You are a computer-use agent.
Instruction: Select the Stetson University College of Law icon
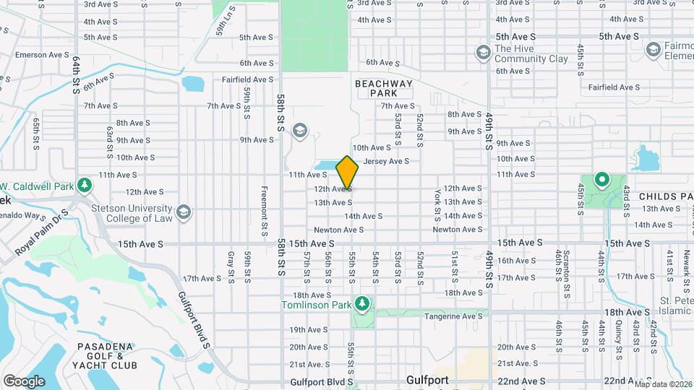tap(184, 212)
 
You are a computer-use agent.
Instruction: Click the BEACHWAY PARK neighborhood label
tap(384, 88)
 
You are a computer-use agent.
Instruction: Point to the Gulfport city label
tap(428, 380)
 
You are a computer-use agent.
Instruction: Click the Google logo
tap(24, 381)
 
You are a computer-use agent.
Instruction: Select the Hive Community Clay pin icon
tap(483, 53)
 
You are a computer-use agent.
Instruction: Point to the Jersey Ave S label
tap(387, 161)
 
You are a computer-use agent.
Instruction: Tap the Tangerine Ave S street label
tap(453, 316)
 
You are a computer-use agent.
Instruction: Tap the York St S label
tap(438, 206)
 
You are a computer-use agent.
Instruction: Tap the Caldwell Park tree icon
tap(85, 184)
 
